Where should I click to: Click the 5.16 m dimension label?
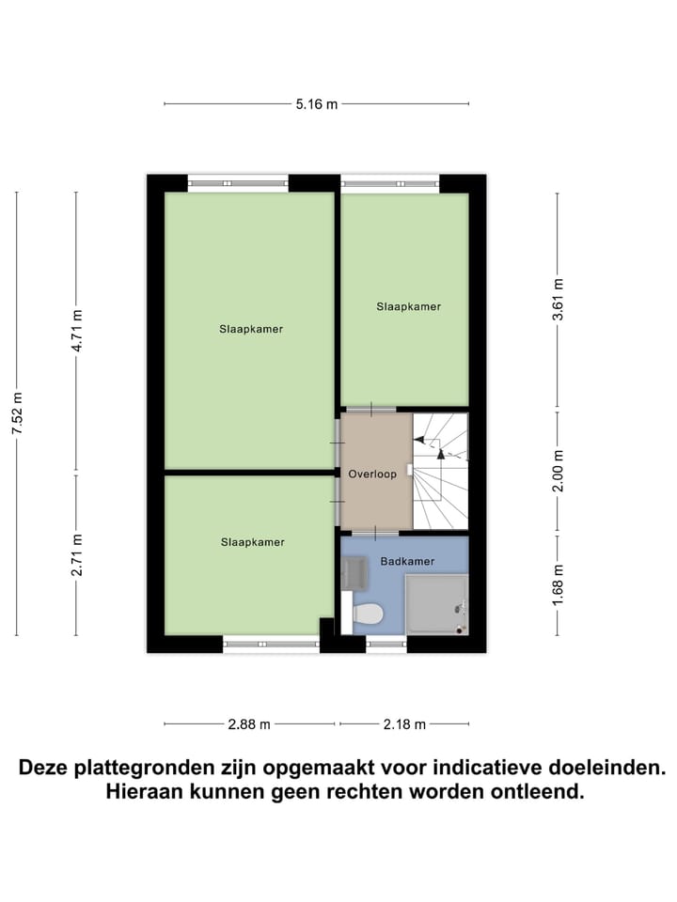tap(316, 104)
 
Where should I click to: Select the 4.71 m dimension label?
tap(77, 331)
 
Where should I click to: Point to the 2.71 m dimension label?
tap(77, 555)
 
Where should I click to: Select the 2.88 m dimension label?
tap(249, 724)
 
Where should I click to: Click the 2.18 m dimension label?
tap(404, 724)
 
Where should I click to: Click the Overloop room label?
tap(372, 474)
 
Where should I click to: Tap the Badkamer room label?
tap(407, 562)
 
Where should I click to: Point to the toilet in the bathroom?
tap(367, 614)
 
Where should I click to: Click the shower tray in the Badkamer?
tap(435, 605)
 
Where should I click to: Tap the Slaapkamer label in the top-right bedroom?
tap(408, 307)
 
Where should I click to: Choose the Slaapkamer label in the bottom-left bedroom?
tap(252, 542)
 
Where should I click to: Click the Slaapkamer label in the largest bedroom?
tap(251, 330)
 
